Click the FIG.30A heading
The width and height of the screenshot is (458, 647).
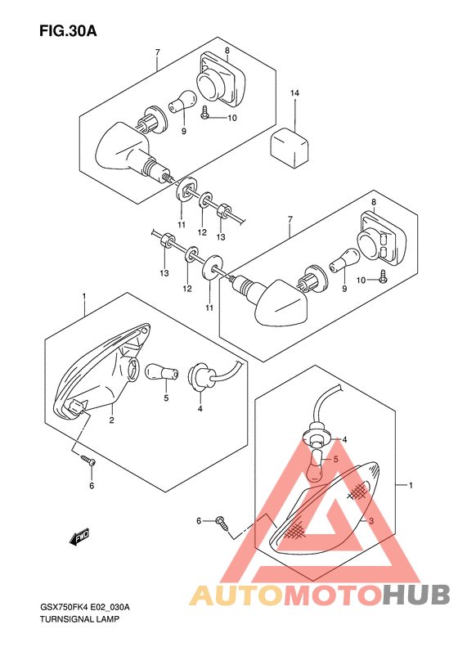pos(68,30)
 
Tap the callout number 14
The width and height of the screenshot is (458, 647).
pos(294,93)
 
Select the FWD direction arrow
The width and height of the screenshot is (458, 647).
pos(79,537)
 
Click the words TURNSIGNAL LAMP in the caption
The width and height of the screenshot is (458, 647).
pos(79,619)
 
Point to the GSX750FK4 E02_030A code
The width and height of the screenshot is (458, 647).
pos(85,608)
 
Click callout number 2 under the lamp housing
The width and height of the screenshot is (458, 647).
pos(111,420)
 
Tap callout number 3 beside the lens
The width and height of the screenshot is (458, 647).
pos(371,521)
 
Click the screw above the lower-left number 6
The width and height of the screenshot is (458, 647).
pos(88,460)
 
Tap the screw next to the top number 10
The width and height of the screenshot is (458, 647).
pos(205,112)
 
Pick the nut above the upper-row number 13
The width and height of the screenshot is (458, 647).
pos(224,209)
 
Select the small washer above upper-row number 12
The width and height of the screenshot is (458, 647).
pos(204,200)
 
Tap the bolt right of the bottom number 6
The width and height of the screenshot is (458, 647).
pos(222,523)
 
